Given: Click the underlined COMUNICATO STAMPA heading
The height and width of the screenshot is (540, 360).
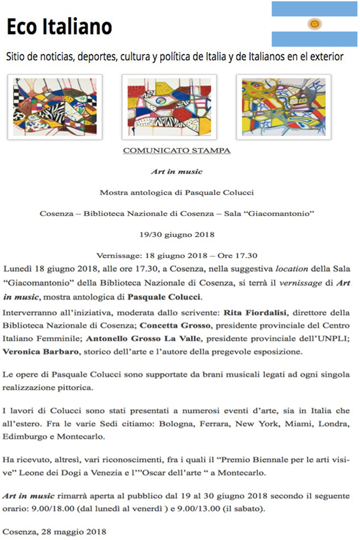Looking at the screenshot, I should (x=177, y=150).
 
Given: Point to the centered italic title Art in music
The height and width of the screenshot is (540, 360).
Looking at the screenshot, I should (x=177, y=171).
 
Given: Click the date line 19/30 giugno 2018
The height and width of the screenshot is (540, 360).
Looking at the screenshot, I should (x=177, y=235).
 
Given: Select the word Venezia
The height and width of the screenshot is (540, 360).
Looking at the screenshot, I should (x=120, y=472).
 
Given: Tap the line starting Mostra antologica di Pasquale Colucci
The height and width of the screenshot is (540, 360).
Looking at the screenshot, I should (x=177, y=192).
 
